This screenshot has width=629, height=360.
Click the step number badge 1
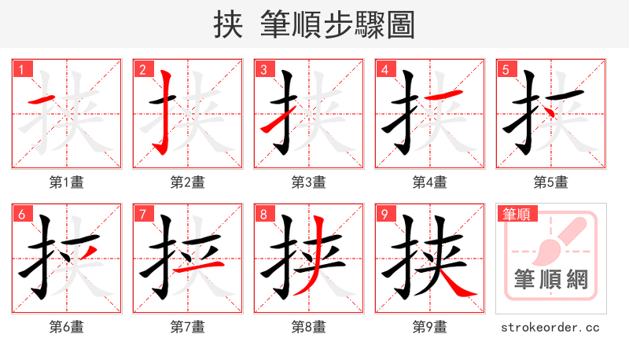[x=21, y=69]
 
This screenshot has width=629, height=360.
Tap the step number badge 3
[x=263, y=69]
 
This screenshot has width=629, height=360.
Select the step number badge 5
[x=506, y=69]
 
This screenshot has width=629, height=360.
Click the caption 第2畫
[x=187, y=182]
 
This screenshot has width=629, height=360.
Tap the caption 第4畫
[x=429, y=182]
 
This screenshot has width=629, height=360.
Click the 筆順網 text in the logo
[x=550, y=279]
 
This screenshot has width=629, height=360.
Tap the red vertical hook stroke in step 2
[x=166, y=110]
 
